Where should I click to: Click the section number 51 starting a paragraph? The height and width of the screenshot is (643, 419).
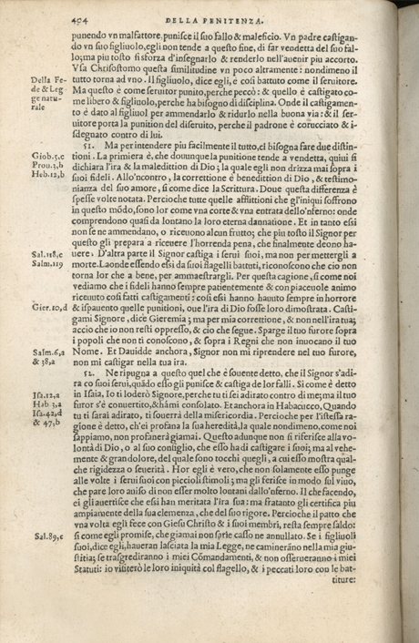tap(87, 145)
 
